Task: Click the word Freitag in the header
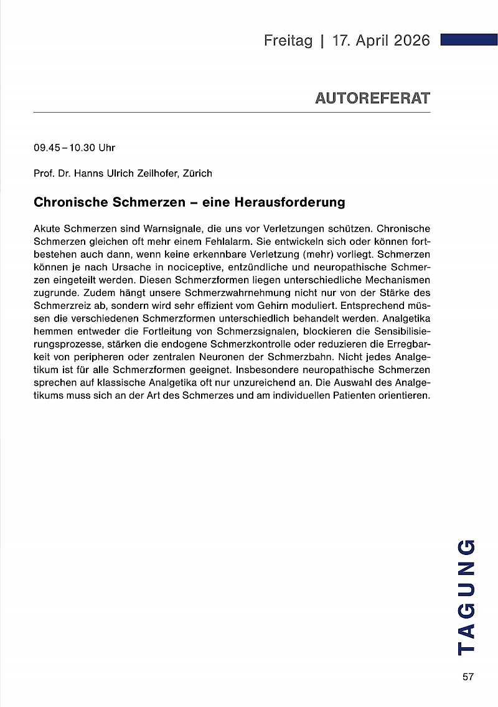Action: pos(288,40)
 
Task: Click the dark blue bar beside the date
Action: pos(468,40)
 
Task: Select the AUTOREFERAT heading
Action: pos(372,98)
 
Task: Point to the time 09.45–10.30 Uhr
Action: pos(75,148)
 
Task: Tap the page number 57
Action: pos(468,677)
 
